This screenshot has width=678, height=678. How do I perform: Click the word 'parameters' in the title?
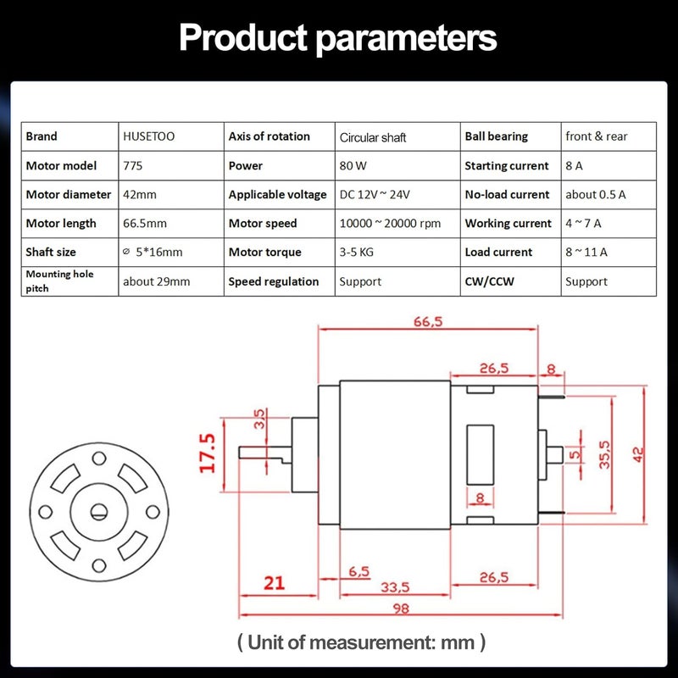(407, 39)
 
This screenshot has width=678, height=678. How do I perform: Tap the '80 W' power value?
(353, 165)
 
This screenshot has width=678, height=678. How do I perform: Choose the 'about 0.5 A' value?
(596, 195)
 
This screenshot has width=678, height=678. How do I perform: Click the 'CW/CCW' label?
(490, 281)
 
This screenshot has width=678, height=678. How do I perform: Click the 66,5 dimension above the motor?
(428, 322)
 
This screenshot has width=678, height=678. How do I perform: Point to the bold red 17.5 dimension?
(207, 453)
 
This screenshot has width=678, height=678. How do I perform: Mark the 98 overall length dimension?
(401, 609)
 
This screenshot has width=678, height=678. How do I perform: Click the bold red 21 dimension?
(274, 583)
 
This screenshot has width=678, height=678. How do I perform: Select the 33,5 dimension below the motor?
(395, 587)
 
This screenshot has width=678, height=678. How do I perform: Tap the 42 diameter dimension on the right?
(638, 455)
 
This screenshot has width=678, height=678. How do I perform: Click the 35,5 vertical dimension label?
(604, 454)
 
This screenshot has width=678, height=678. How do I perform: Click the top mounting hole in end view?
(99, 458)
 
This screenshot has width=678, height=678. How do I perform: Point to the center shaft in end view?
(99, 513)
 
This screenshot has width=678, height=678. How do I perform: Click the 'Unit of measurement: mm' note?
(362, 642)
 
